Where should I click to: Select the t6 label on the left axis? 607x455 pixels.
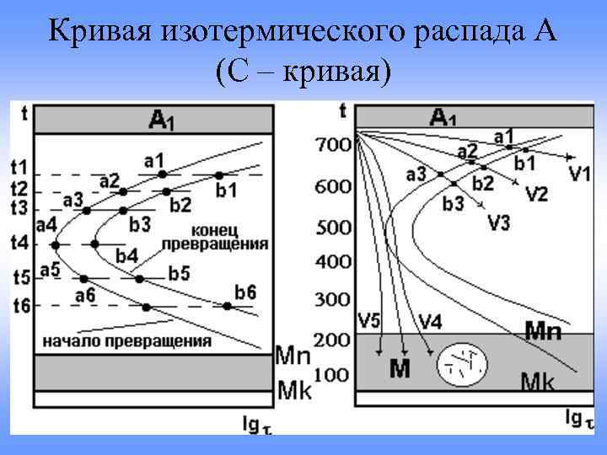point(20,305)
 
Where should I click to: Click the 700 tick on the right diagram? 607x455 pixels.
point(333,146)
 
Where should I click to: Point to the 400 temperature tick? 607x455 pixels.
point(333,262)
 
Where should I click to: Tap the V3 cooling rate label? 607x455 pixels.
point(502,222)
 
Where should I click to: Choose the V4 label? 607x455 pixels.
point(431,320)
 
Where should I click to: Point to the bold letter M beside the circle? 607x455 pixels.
point(399,368)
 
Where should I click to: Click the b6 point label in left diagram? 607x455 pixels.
point(245,292)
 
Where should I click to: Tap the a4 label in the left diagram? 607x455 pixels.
point(47,225)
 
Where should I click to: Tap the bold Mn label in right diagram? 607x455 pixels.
point(543,331)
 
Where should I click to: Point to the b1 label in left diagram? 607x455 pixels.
point(226,190)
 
